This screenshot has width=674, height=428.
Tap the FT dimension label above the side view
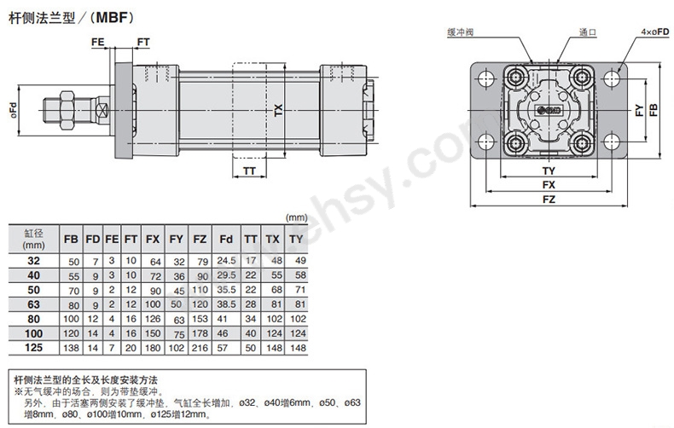tap(142, 42)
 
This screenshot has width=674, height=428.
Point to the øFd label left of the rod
tap(13, 112)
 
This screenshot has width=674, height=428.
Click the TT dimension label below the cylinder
tap(249, 171)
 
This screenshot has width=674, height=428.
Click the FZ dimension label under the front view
tap(549, 200)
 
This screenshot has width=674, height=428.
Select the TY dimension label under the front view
tap(549, 171)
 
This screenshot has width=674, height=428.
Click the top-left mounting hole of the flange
tap(487, 79)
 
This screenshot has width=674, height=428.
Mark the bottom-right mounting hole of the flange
tap(612, 140)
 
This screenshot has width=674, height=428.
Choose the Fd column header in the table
tap(226, 240)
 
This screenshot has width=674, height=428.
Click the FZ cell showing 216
tap(200, 348)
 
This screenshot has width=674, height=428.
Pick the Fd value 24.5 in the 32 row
tap(226, 260)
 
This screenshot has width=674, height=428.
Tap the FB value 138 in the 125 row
tap(73, 348)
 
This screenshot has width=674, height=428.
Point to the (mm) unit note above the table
tap(295, 217)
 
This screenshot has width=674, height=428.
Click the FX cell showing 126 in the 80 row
tap(154, 318)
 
